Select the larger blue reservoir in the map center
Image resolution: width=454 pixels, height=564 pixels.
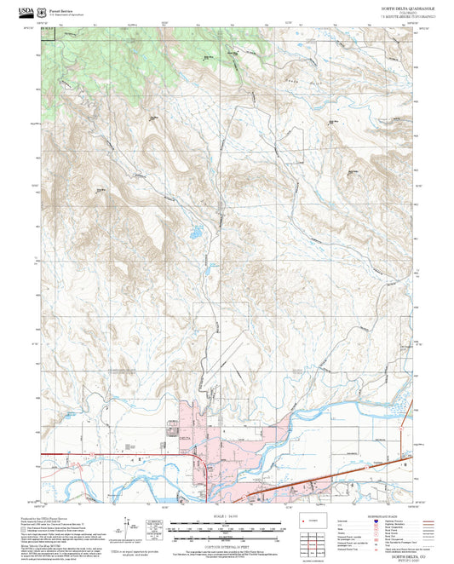tap(195, 231)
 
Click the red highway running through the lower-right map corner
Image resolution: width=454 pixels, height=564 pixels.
tap(341, 472)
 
